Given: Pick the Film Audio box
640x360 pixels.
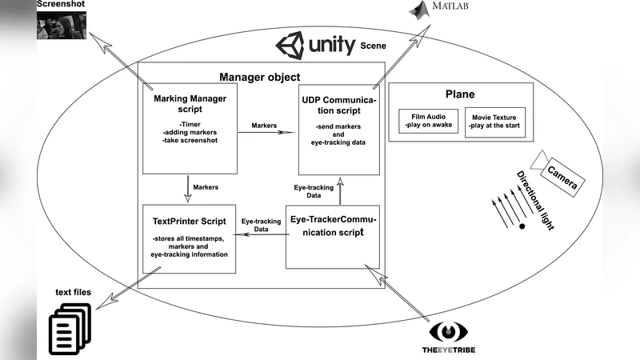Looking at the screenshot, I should (427, 122).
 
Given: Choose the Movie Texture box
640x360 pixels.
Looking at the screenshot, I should (495, 122).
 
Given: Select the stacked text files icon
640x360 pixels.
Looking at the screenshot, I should (73, 329).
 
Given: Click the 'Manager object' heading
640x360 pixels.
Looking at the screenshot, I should (259, 78).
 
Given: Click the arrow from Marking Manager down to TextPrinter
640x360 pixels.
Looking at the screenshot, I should (188, 186).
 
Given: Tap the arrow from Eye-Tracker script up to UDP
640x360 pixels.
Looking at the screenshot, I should (340, 192).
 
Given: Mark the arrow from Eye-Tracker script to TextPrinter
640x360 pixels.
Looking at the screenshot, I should (264, 234).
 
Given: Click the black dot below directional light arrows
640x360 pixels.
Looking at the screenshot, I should (522, 227).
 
